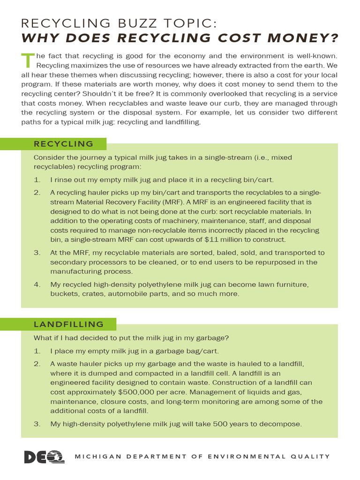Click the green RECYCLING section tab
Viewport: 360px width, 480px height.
click(63, 144)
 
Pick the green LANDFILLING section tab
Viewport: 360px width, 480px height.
click(68, 324)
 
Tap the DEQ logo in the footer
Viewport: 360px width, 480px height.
click(44, 457)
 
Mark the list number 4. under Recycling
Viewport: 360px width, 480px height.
click(37, 285)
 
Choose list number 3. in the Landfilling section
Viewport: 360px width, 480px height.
click(37, 424)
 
